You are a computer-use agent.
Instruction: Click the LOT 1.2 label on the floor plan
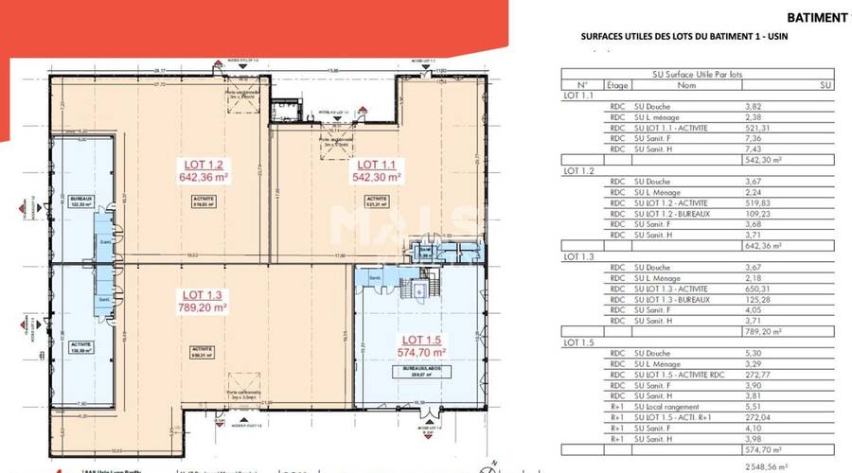click(204, 162)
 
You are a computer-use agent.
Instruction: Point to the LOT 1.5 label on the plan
click(422, 339)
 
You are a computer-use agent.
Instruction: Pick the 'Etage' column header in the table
click(617, 83)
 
